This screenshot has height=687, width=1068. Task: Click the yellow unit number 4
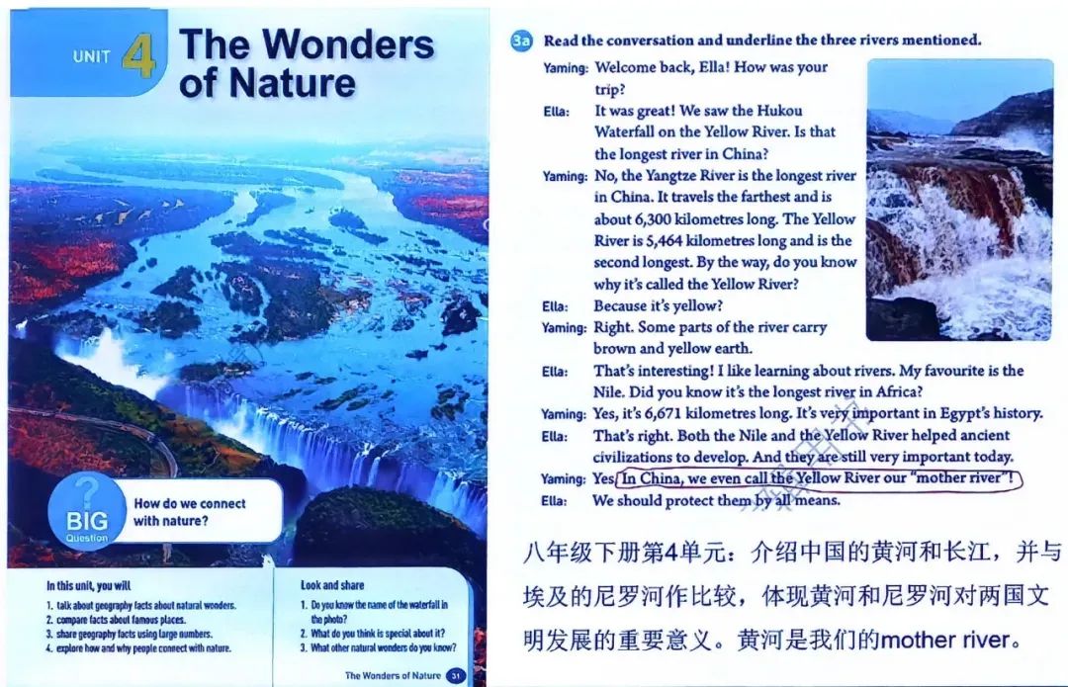[x=139, y=54]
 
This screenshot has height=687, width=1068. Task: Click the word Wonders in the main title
[x=348, y=44]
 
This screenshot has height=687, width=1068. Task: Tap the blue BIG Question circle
[x=87, y=512]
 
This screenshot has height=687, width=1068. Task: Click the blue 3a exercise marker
[x=521, y=41]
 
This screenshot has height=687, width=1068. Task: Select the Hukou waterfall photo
[x=959, y=200]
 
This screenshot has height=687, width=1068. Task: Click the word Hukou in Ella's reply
[x=779, y=111]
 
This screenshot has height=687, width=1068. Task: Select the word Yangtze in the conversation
[x=670, y=176]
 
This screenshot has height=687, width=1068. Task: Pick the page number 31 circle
[x=456, y=675]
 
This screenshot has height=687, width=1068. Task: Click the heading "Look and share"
[x=332, y=585]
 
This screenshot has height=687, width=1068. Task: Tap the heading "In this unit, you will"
[x=89, y=585]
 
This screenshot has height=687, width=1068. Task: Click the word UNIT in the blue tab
[x=91, y=56]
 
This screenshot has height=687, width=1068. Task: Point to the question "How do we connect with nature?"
[x=189, y=512]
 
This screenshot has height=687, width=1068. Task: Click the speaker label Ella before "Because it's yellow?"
[x=555, y=306]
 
